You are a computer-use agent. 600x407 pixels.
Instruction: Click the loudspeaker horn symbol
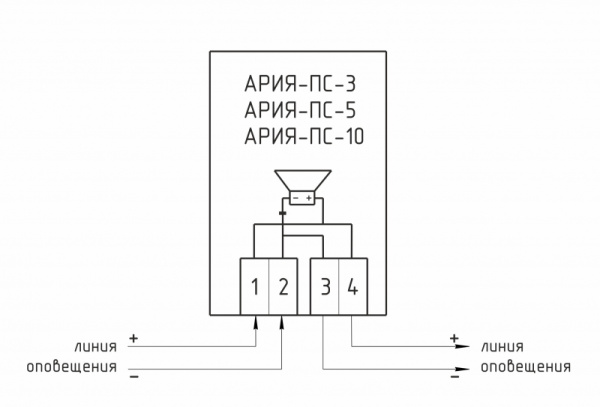click(300, 181)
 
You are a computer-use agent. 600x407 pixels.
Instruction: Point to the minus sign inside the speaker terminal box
click(295, 199)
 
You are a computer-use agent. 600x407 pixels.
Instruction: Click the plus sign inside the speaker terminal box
click(309, 199)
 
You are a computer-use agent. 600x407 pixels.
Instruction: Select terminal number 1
click(255, 288)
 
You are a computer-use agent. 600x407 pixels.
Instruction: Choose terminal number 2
click(283, 288)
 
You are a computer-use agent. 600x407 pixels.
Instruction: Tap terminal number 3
click(325, 288)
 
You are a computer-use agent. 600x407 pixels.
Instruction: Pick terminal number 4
click(352, 288)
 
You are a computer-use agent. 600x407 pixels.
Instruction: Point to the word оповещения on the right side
click(526, 367)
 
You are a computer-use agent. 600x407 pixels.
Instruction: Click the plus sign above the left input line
click(134, 337)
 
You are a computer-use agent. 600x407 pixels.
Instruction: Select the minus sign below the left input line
click(134, 379)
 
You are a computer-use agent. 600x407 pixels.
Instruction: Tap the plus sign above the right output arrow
click(454, 337)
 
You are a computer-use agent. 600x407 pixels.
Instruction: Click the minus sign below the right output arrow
click(454, 379)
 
